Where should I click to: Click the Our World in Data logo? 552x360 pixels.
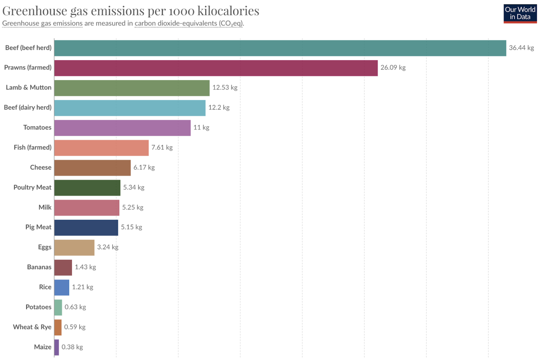click(520, 14)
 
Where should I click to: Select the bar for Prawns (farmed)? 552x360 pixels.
click(216, 68)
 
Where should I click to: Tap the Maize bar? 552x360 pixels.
click(57, 347)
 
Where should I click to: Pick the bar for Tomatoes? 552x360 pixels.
click(122, 128)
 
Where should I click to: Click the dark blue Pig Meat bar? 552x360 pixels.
click(86, 228)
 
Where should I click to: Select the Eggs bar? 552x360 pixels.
click(74, 248)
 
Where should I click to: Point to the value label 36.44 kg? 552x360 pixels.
click(521, 48)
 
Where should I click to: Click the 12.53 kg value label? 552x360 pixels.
click(225, 87)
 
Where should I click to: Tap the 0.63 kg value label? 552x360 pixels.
click(75, 307)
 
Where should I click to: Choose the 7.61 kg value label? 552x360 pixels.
click(162, 148)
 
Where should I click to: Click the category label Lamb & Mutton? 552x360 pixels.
click(29, 87)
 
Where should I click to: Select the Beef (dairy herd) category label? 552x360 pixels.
click(28, 107)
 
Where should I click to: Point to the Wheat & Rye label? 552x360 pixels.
click(32, 327)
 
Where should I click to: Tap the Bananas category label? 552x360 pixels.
click(39, 267)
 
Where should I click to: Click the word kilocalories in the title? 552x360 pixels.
click(228, 11)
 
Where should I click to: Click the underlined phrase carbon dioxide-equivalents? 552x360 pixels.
click(176, 23)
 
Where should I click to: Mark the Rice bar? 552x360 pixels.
click(62, 287)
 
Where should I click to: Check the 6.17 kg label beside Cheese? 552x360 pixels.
click(144, 168)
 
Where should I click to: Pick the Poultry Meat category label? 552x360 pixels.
click(32, 187)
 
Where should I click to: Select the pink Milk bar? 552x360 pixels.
click(87, 208)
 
